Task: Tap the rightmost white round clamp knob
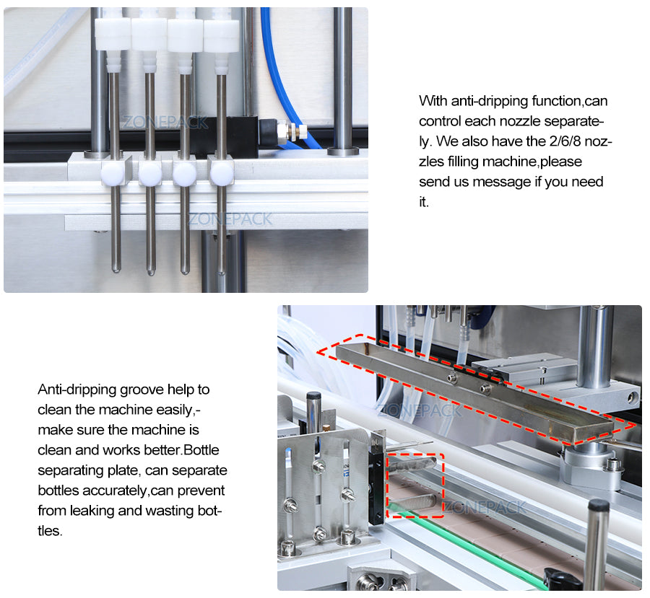[x=220, y=173]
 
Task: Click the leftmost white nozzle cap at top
[x=113, y=33]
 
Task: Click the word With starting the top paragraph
[x=433, y=101]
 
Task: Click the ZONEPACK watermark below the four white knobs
[x=230, y=219]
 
